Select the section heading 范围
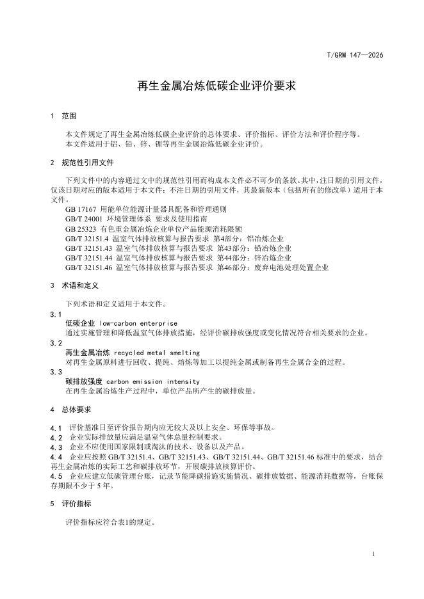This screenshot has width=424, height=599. (69, 116)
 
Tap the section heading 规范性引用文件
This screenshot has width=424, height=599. (87, 163)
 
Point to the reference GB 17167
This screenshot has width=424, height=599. (81, 209)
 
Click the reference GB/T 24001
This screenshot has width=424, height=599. (83, 219)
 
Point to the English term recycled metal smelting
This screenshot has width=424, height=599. (156, 353)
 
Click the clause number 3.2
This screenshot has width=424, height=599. (56, 343)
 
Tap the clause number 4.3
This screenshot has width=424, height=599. (56, 447)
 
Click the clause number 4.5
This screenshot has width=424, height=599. (56, 476)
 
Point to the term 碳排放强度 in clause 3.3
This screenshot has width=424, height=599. (83, 382)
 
